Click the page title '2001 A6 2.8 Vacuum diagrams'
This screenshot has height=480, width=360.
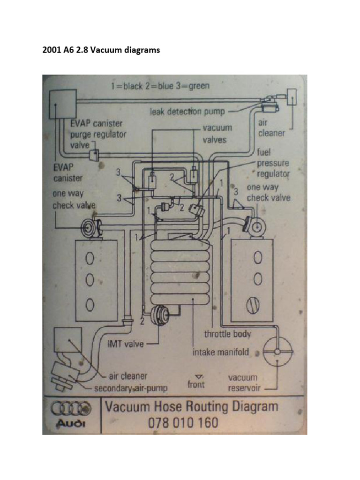(101, 50)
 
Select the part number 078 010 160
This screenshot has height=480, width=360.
(183, 422)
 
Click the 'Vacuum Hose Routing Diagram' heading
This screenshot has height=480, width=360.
(191, 406)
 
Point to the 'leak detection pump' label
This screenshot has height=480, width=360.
(187, 112)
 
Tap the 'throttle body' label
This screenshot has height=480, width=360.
(227, 334)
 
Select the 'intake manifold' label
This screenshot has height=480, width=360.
(220, 352)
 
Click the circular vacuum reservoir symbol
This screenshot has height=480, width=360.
(277, 352)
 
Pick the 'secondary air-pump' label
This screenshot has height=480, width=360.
(131, 388)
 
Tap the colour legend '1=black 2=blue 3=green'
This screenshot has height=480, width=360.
(160, 86)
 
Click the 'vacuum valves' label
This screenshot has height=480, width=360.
(217, 134)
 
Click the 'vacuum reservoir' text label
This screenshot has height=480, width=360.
(242, 382)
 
